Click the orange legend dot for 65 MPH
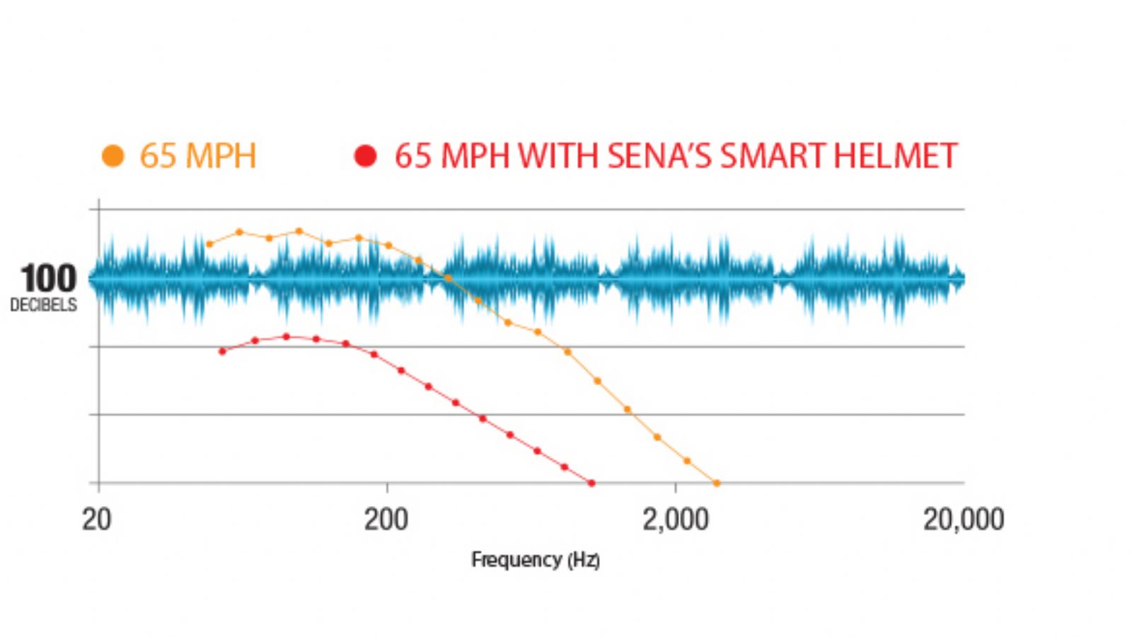point(113,156)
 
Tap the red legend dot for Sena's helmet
point(365,156)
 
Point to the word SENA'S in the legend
point(659,156)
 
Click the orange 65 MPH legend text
point(198,156)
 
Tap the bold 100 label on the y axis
point(48,279)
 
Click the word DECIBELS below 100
point(44,305)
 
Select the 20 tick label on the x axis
point(97,520)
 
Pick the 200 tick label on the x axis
point(386,520)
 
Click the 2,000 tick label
point(676,520)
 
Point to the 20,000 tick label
point(963,520)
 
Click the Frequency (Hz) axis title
point(536,560)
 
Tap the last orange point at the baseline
point(717,483)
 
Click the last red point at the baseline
point(591,483)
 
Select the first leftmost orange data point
point(209,244)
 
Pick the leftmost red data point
point(223,351)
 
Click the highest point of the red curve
point(287,337)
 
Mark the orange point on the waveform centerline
point(448,278)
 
